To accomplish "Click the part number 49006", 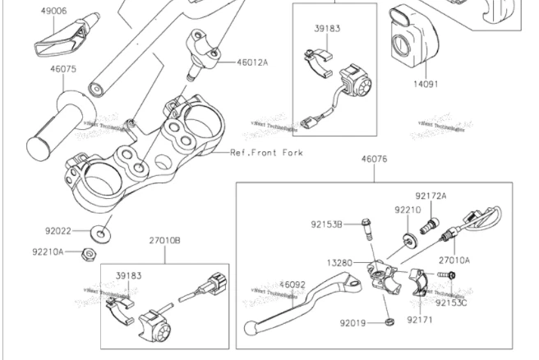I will pyautogui.click(x=53, y=12).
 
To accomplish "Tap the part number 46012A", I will pyautogui.click(x=252, y=62).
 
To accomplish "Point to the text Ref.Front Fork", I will pyautogui.click(x=266, y=153).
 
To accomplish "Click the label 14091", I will pyautogui.click(x=426, y=82).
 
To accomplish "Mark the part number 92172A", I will pyautogui.click(x=431, y=196).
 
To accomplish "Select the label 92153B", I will pyautogui.click(x=326, y=224).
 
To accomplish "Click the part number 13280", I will pyautogui.click(x=339, y=263).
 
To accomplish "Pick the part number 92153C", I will pyautogui.click(x=451, y=302).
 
